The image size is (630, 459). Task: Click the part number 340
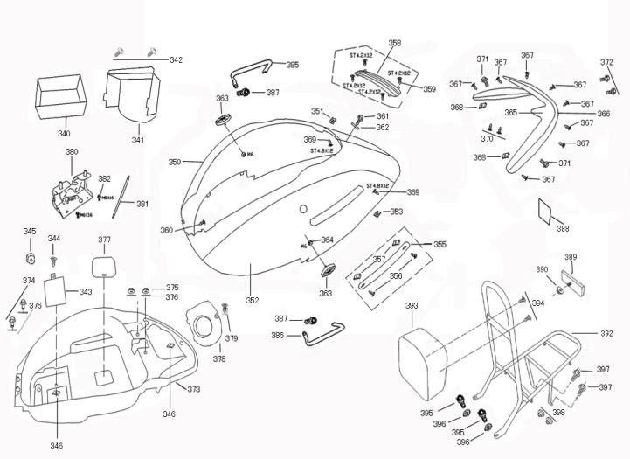64,134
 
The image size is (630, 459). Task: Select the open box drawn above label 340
59,97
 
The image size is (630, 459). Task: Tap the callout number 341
138,140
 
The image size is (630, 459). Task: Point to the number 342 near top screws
176,60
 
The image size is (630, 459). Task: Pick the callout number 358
394,43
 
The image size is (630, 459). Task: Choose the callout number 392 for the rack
607,334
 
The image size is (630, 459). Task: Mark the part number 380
71,152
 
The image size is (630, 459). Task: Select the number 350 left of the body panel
174,163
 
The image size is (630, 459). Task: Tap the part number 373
193,389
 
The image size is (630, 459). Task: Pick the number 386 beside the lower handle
277,335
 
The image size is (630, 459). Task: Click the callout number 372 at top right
606,62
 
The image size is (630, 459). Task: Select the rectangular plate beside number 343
55,291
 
